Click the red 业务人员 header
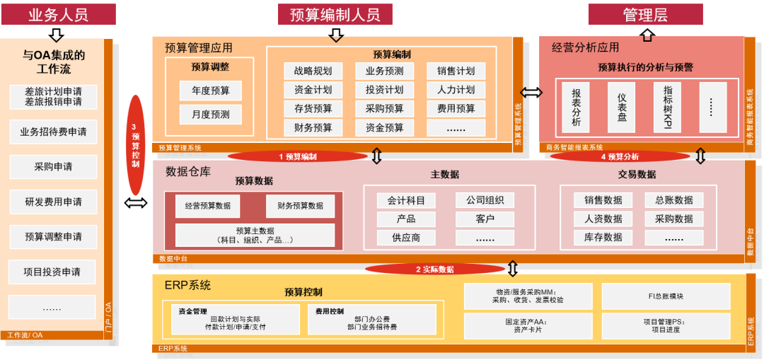point(57,14)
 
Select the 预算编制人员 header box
point(335,14)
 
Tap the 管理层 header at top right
point(644,14)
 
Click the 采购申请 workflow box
point(53,167)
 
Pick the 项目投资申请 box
point(53,272)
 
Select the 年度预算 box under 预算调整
point(210,91)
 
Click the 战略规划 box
point(312,71)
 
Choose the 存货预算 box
point(312,109)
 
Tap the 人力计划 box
point(456,90)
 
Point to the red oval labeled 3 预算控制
point(135,145)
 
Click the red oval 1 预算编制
point(297,156)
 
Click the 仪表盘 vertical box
point(621,108)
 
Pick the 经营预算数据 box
point(207,206)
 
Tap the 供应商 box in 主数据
point(406,238)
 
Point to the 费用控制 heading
point(325,311)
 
